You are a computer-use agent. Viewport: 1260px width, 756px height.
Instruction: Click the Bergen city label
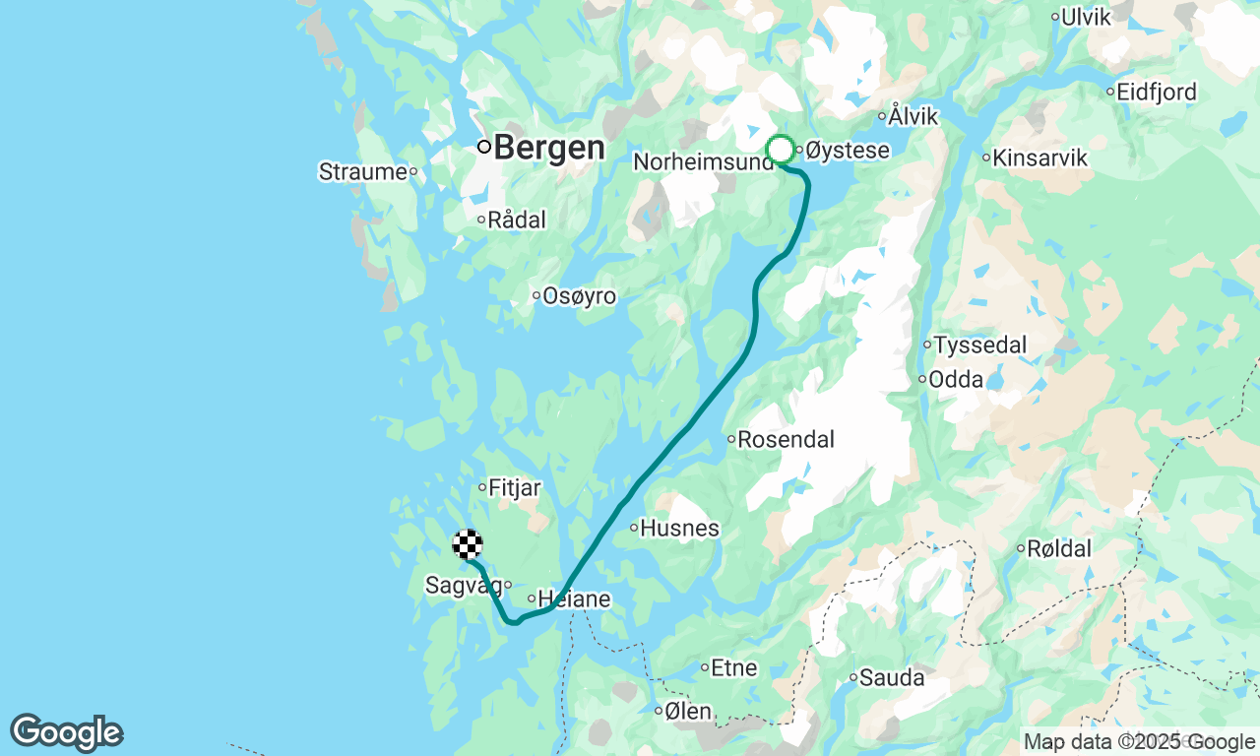click(548, 148)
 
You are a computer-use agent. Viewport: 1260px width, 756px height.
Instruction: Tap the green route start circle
click(781, 150)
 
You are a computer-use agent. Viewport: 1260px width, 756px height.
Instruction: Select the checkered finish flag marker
click(468, 544)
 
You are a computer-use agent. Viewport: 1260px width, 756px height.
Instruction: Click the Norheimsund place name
click(703, 161)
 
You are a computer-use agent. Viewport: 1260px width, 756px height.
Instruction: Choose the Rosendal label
click(786, 439)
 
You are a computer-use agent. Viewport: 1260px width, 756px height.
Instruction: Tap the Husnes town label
click(679, 529)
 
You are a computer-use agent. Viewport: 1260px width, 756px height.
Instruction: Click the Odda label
click(956, 379)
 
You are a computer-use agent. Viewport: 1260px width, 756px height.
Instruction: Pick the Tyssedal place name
click(979, 346)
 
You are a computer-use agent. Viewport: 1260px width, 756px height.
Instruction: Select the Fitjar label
click(515, 487)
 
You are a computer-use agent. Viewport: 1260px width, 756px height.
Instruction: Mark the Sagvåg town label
click(463, 586)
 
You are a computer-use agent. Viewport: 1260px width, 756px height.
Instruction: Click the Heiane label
click(574, 599)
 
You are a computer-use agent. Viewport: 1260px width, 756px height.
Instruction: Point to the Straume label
click(362, 172)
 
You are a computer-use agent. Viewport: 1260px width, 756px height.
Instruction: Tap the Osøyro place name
click(580, 296)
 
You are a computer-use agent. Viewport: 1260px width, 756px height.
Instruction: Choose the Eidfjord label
click(1157, 93)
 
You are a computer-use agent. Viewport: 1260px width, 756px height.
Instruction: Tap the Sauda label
click(892, 678)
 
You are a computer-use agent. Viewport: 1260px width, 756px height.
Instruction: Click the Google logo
click(67, 733)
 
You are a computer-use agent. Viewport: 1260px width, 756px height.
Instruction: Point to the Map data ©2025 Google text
click(1139, 742)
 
